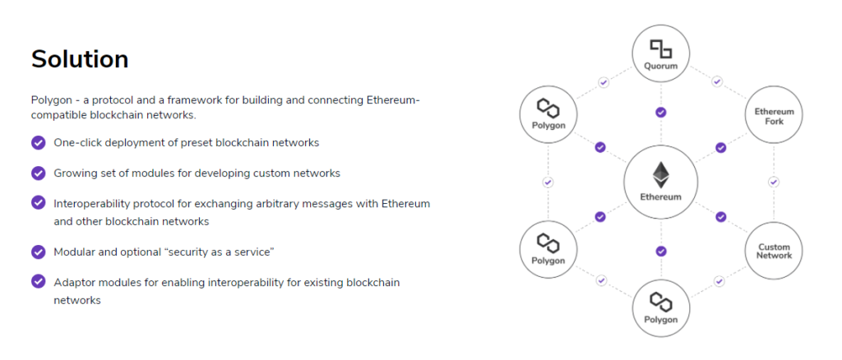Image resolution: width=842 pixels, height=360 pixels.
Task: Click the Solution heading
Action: click(80, 59)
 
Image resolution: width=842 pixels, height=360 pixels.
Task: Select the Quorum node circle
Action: click(661, 54)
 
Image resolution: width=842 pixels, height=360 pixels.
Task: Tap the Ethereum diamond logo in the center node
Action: click(661, 175)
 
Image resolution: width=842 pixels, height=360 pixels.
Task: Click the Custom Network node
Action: click(774, 251)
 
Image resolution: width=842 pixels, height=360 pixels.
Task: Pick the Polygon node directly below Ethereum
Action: click(661, 310)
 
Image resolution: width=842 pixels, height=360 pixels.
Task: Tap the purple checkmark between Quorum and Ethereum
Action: click(661, 112)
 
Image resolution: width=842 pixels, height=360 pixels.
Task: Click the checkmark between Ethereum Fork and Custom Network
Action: click(774, 182)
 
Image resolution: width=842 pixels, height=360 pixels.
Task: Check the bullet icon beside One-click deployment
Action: click(39, 142)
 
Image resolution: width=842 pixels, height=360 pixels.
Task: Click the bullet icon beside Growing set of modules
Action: click(39, 173)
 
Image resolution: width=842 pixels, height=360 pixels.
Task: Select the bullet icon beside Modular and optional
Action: click(39, 252)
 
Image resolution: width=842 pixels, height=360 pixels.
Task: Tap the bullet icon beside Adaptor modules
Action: click(39, 282)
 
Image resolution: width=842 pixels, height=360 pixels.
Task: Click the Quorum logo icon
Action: click(661, 48)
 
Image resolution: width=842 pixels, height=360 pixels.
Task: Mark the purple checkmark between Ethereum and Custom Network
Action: click(721, 217)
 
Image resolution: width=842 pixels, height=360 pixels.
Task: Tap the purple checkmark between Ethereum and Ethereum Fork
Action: click(721, 148)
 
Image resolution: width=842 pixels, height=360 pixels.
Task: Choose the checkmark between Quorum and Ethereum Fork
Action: click(717, 82)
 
